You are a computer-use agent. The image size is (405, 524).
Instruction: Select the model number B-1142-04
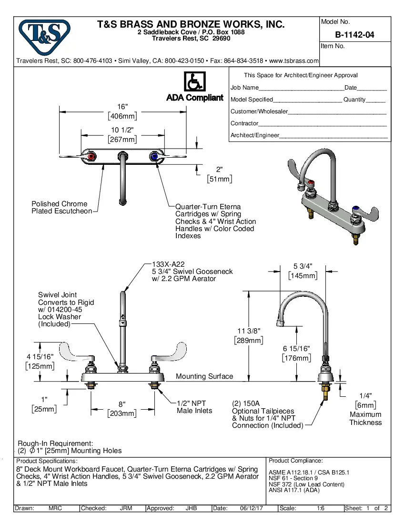[x=354, y=35]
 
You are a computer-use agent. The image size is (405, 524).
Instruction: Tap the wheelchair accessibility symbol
[x=194, y=82]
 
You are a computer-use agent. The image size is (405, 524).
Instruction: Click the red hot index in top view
[x=91, y=156]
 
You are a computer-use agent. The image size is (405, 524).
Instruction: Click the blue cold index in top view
[x=154, y=156]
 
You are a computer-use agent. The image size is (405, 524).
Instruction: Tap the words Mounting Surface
[x=204, y=376]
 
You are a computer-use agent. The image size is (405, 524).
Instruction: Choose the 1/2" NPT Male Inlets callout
[x=194, y=407]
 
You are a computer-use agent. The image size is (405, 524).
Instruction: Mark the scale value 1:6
[x=321, y=508]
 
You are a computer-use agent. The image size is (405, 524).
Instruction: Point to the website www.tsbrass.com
[x=294, y=61]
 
